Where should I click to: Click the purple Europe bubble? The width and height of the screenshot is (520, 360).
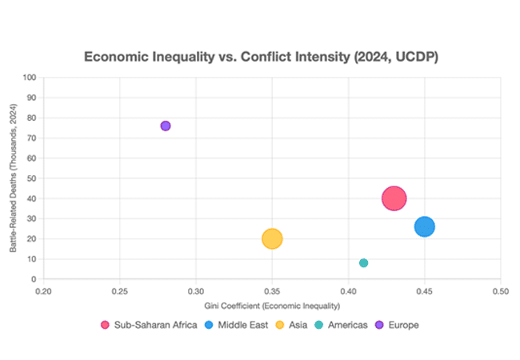click(166, 126)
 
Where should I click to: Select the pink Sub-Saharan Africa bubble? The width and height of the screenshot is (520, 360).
click(394, 198)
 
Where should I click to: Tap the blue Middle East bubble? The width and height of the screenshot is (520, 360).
click(425, 226)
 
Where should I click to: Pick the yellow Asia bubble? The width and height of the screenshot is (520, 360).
click(272, 238)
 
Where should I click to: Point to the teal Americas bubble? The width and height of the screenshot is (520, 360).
click(364, 262)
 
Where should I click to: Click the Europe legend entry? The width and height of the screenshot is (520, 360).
click(398, 325)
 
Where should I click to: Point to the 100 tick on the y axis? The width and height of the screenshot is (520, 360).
click(30, 78)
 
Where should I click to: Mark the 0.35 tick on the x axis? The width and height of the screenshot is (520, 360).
click(272, 291)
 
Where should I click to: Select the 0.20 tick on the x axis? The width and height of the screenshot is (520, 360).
click(43, 291)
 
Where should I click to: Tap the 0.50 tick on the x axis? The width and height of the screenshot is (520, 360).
click(501, 291)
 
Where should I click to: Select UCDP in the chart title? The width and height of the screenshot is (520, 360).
click(412, 58)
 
